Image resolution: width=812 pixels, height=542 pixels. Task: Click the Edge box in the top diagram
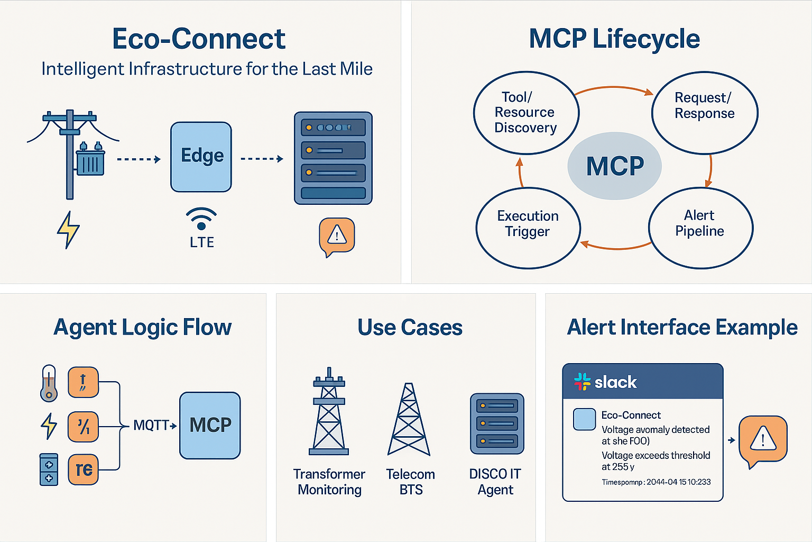pyautogui.click(x=201, y=157)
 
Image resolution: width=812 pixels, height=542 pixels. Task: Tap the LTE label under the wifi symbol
pyautogui.click(x=202, y=242)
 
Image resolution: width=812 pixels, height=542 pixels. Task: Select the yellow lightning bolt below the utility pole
pyautogui.click(x=68, y=230)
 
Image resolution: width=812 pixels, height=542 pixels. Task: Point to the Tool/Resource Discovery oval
pyautogui.click(x=526, y=113)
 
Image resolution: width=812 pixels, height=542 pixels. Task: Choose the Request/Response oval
pyautogui.click(x=705, y=113)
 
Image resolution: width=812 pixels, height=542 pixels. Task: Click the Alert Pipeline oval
pyautogui.click(x=700, y=228)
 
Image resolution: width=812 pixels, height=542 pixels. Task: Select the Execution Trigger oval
pyautogui.click(x=528, y=228)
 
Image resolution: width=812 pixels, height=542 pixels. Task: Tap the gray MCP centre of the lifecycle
pyautogui.click(x=614, y=166)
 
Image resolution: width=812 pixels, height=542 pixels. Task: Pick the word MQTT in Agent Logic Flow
pyautogui.click(x=151, y=425)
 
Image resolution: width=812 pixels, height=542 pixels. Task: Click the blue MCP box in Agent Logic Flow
pyautogui.click(x=210, y=425)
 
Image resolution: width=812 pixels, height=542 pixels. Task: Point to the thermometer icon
pyautogui.click(x=49, y=383)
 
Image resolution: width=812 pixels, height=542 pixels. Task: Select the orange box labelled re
pyautogui.click(x=84, y=469)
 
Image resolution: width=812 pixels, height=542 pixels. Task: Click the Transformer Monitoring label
pyautogui.click(x=329, y=482)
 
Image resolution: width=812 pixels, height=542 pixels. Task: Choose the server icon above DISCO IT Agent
pyautogui.click(x=497, y=423)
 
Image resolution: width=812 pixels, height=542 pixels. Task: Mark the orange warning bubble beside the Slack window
pyautogui.click(x=762, y=440)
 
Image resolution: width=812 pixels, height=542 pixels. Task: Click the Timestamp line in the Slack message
pyautogui.click(x=656, y=482)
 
